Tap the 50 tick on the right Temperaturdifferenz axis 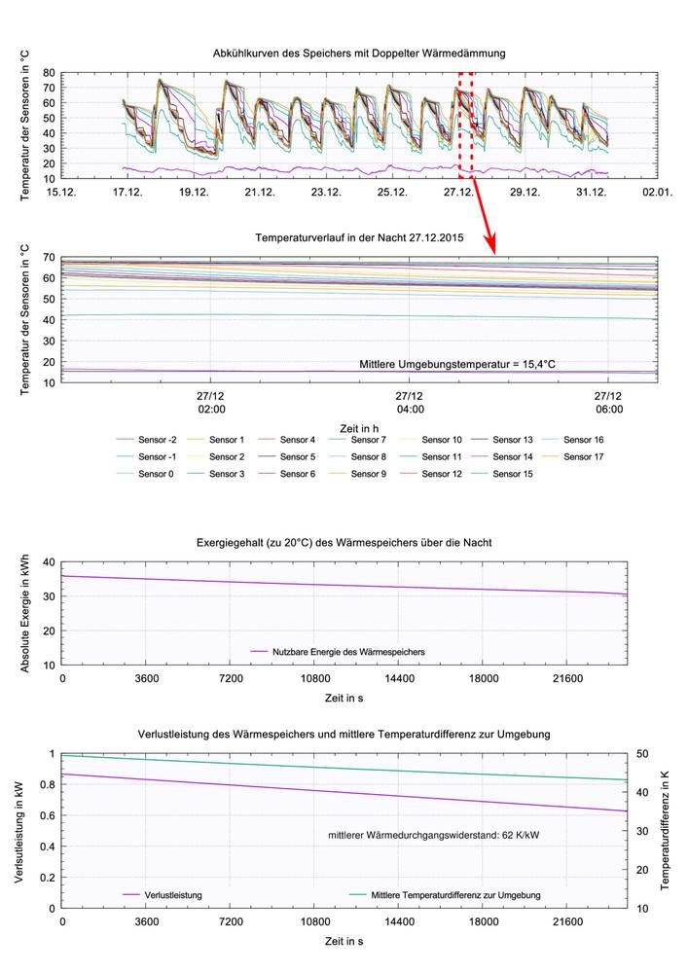(x=638, y=754)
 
